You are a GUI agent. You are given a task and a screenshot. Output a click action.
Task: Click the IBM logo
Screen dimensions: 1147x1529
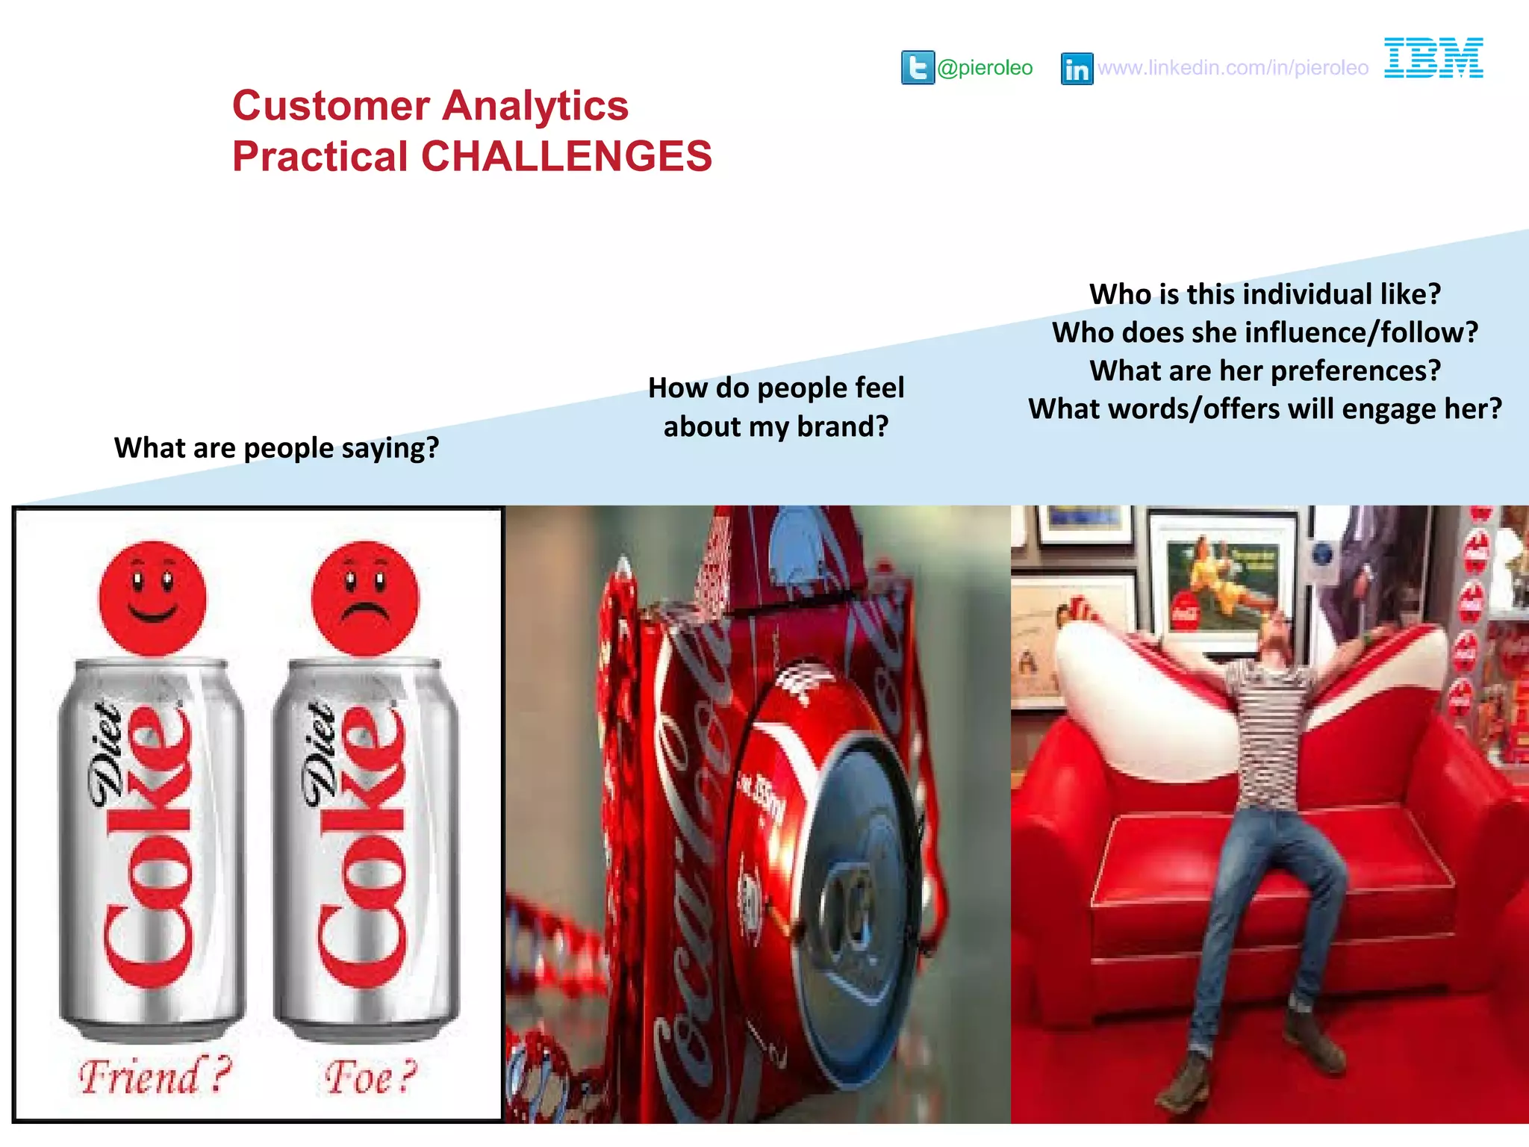click(1433, 57)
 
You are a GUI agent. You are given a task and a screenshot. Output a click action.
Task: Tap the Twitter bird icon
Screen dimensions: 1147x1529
click(918, 68)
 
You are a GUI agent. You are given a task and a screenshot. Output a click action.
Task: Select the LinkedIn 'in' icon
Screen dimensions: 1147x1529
click(1077, 69)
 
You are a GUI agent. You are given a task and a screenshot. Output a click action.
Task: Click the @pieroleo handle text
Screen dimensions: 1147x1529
click(985, 68)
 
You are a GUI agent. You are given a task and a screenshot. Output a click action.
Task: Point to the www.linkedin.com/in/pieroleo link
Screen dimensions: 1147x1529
click(1233, 68)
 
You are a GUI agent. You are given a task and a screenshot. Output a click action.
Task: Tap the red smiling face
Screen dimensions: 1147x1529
click(152, 597)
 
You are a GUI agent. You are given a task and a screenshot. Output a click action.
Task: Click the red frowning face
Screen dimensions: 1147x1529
click(365, 597)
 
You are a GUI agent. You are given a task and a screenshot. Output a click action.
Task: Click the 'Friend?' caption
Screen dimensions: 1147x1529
click(155, 1076)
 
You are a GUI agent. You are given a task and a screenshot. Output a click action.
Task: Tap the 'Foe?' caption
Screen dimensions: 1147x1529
click(370, 1078)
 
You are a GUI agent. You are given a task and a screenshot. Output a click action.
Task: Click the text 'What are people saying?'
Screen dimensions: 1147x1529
click(276, 448)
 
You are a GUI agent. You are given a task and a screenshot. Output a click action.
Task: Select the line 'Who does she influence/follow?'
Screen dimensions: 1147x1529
click(1265, 332)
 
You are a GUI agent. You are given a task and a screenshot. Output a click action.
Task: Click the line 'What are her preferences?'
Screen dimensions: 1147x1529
click(1265, 371)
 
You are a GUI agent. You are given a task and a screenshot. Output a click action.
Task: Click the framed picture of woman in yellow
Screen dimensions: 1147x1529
click(1222, 582)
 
